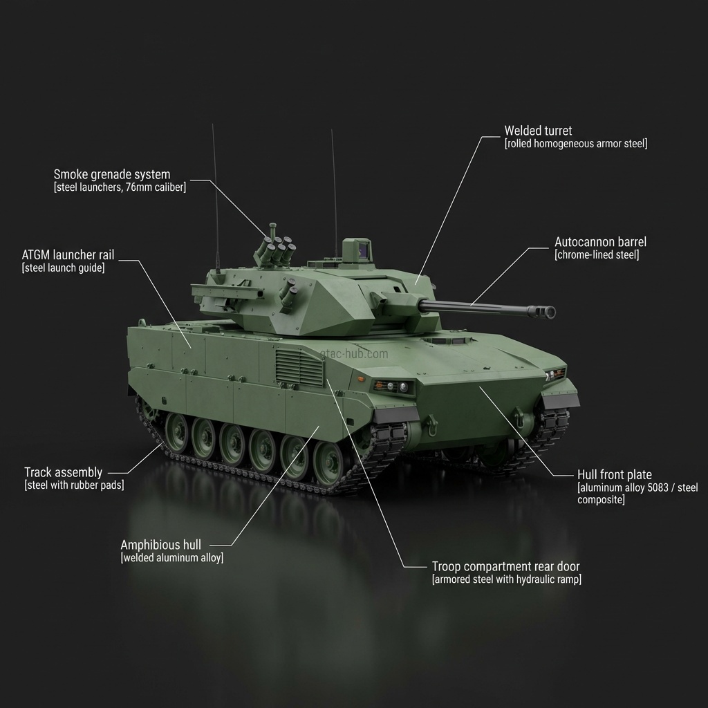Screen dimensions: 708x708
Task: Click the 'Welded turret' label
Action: pos(538,131)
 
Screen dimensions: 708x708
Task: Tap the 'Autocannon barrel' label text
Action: pos(600,242)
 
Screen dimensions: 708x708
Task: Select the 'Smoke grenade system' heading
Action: pos(111,174)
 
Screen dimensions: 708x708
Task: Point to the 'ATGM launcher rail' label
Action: pos(68,255)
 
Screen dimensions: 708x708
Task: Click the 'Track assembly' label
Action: pos(63,472)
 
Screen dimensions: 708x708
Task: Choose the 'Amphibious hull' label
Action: pos(165,545)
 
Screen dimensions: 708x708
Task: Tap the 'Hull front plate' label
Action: pos(614,475)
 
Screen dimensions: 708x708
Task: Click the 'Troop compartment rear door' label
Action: pos(505,566)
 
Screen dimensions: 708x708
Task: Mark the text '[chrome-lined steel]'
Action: pos(597,255)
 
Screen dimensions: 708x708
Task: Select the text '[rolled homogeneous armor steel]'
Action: pos(576,144)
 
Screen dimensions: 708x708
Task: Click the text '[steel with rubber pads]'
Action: pos(74,485)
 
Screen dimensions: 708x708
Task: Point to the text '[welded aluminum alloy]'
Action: pos(172,558)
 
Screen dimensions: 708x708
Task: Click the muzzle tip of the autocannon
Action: pos(550,312)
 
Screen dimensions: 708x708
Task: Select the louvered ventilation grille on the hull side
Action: pos(299,367)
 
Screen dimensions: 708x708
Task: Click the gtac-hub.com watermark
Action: pos(354,354)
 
